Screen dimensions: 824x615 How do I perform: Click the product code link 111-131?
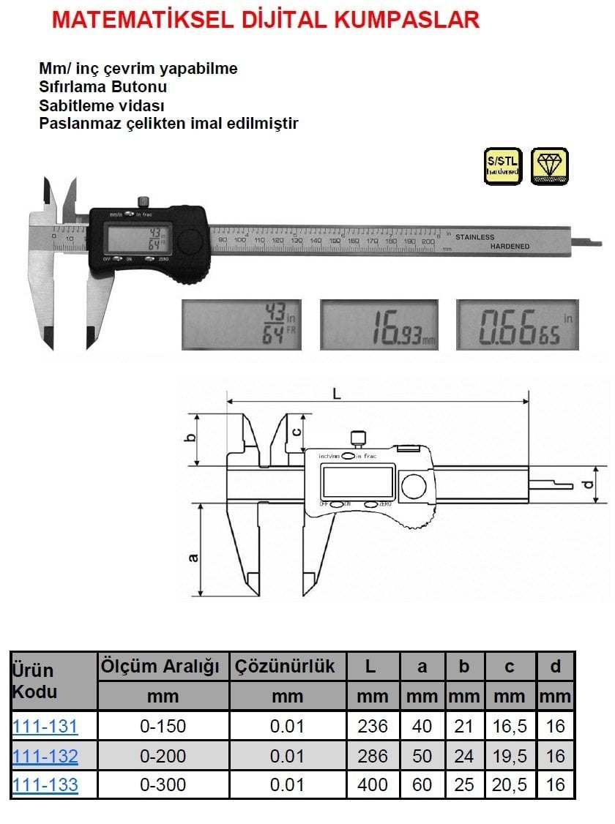45,727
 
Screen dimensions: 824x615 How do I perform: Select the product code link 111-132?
45,756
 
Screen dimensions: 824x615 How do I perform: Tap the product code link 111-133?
45,785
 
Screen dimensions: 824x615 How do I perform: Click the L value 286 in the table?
372,756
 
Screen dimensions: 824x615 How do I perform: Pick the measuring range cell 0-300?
163,785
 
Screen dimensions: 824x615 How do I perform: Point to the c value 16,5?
509,727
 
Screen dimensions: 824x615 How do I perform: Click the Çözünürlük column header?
286,667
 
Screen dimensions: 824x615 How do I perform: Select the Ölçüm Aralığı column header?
163,667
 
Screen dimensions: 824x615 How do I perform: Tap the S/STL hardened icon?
503,166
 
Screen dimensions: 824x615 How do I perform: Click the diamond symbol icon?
549,166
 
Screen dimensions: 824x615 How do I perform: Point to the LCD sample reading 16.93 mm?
379,324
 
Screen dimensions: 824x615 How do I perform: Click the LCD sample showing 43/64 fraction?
241,324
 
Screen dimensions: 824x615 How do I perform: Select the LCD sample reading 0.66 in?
517,324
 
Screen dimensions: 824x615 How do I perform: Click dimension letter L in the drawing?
337,393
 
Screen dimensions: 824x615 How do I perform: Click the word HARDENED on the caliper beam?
510,247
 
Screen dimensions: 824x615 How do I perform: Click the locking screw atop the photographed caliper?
143,201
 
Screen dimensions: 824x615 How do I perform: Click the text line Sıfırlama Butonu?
102,86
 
